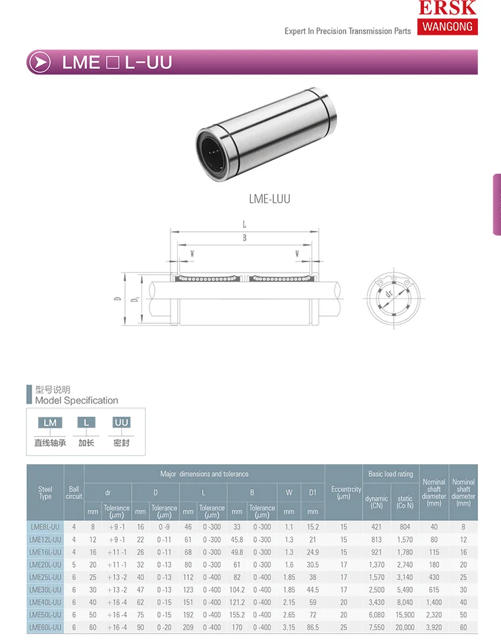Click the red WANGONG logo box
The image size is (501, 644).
tap(447, 27)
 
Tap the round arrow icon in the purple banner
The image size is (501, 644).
tap(40, 63)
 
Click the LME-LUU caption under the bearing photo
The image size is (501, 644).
tap(269, 200)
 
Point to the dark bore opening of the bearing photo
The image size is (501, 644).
tap(212, 153)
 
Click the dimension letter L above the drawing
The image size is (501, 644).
tap(244, 225)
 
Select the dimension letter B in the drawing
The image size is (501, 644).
tap(245, 238)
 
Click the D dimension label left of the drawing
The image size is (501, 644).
tap(118, 298)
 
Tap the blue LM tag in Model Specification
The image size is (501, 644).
tap(50, 423)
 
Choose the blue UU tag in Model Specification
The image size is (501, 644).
tap(121, 423)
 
